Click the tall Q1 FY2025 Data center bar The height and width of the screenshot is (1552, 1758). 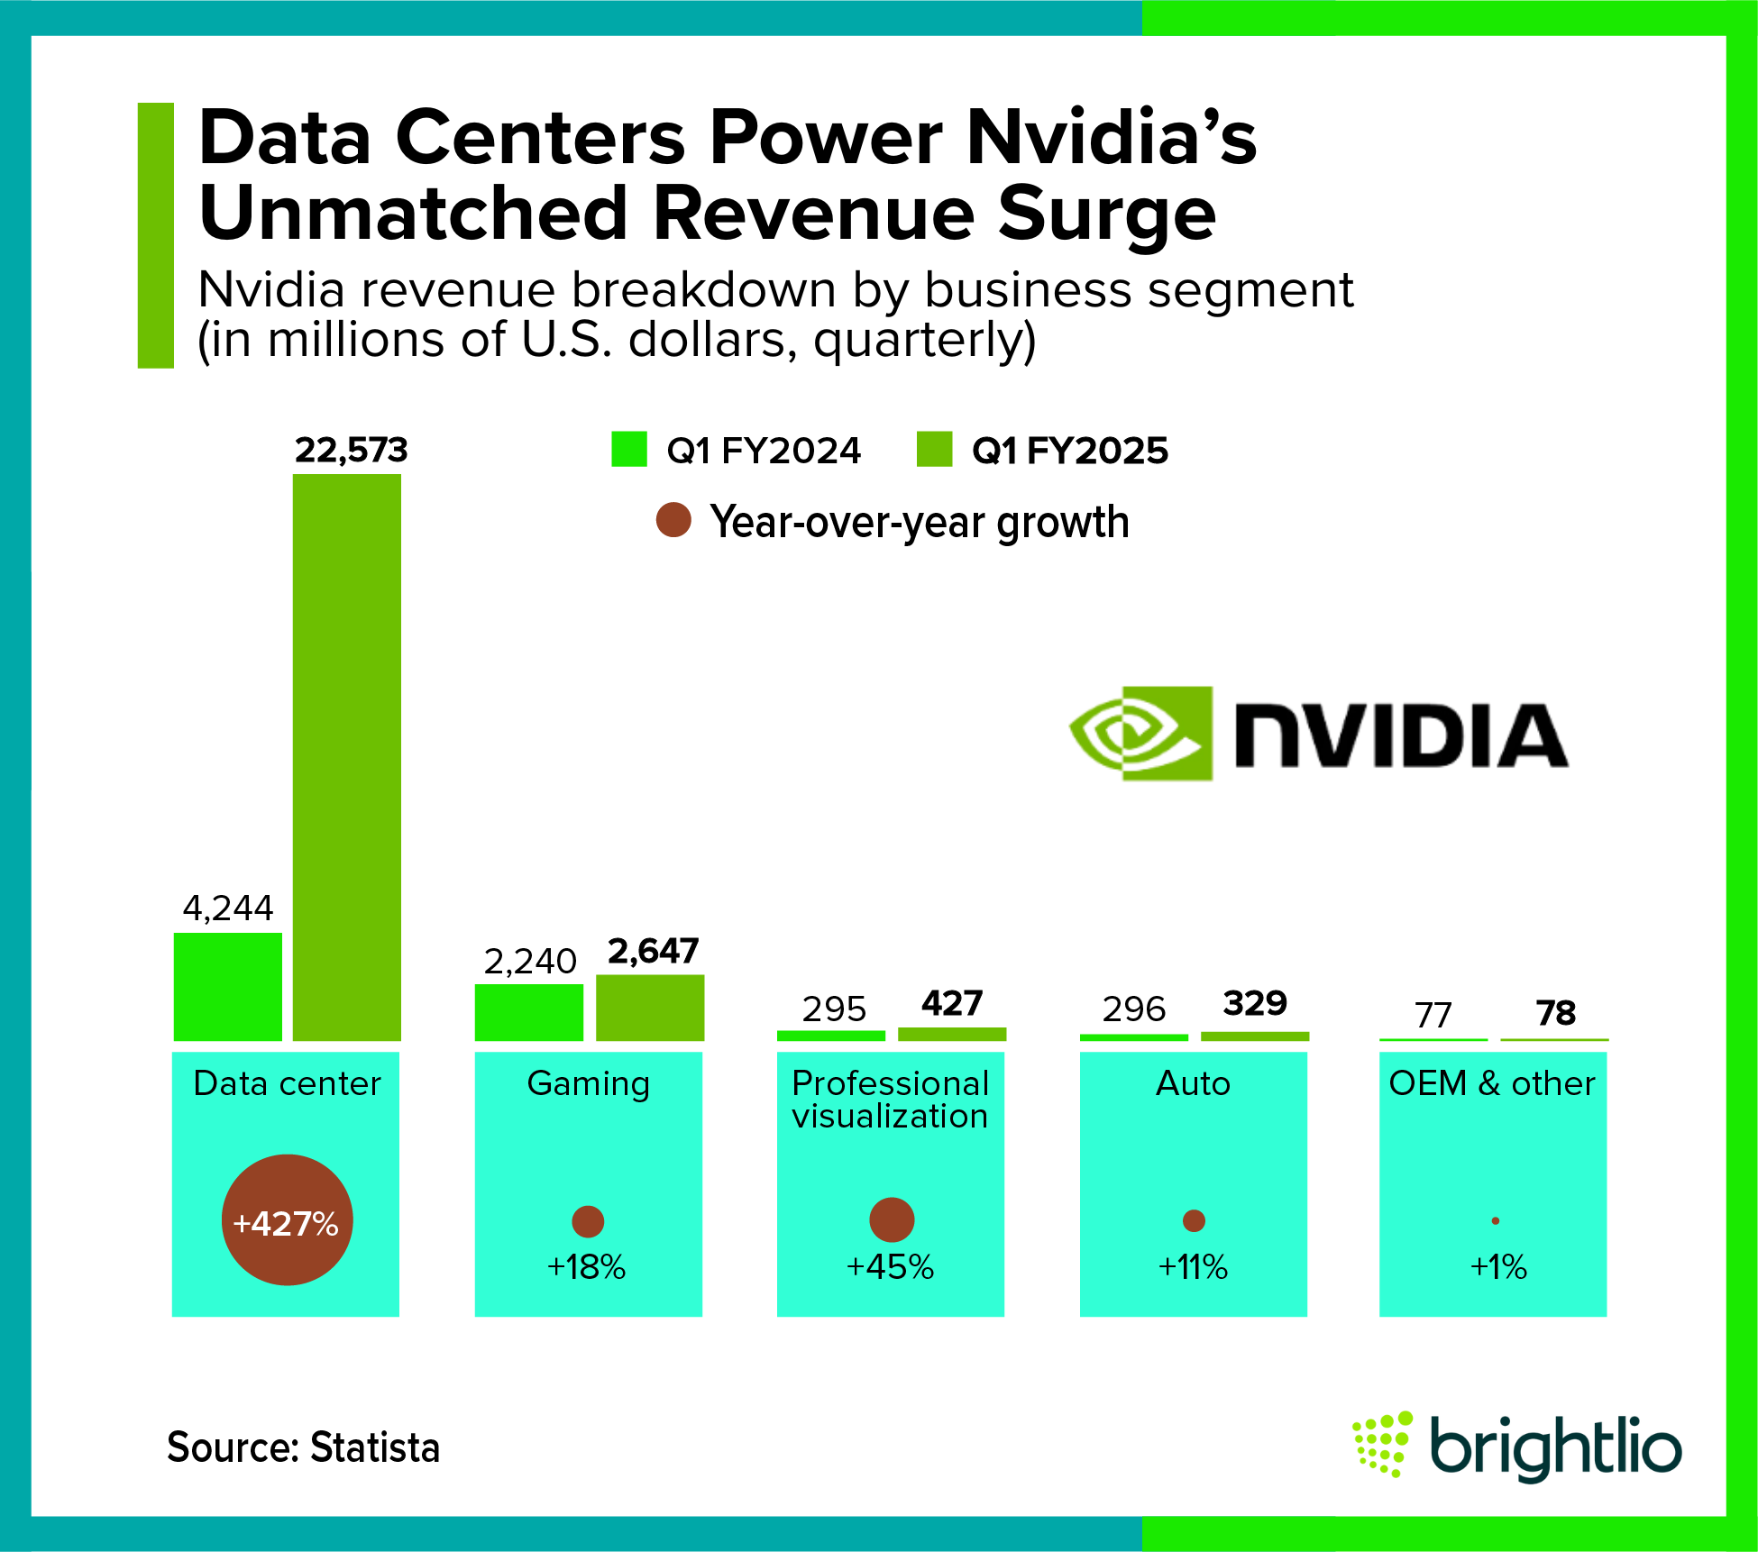pyautogui.click(x=347, y=757)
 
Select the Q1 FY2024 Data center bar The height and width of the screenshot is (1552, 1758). pyautogui.click(x=227, y=987)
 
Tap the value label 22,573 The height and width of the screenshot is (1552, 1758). pyautogui.click(x=351, y=450)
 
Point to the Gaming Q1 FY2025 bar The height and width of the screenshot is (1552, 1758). pyautogui.click(x=650, y=1008)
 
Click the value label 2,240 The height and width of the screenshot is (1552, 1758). pyautogui.click(x=530, y=962)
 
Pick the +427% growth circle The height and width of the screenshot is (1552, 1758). pyautogui.click(x=287, y=1220)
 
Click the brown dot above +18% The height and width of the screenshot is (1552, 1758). pyautogui.click(x=588, y=1221)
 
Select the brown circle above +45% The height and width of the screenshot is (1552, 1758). pyautogui.click(x=892, y=1219)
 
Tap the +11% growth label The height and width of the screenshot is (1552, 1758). pyautogui.click(x=1193, y=1267)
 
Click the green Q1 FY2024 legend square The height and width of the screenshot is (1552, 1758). pyautogui.click(x=628, y=449)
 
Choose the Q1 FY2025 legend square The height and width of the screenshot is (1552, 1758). pyautogui.click(x=934, y=449)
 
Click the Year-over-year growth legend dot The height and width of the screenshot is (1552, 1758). pyautogui.click(x=673, y=520)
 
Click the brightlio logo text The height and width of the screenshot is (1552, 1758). pyautogui.click(x=1555, y=1447)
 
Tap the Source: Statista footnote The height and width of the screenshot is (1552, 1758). pyautogui.click(x=303, y=1447)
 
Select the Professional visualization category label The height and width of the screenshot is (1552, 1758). pyautogui.click(x=890, y=1100)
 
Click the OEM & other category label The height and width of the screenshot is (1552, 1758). pyautogui.click(x=1492, y=1083)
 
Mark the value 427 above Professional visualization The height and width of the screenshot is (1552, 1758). pyautogui.click(x=952, y=1003)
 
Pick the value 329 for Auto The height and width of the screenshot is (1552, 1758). pyautogui.click(x=1255, y=1003)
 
